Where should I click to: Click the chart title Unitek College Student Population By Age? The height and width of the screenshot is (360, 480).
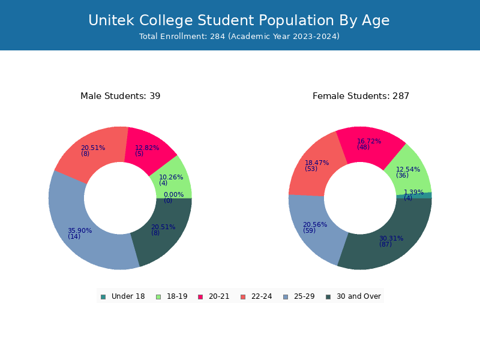coord(239,20)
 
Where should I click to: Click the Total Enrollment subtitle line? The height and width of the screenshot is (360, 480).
coord(239,36)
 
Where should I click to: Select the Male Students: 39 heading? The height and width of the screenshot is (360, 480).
coord(121,96)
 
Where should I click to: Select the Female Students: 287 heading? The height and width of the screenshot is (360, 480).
coord(361,96)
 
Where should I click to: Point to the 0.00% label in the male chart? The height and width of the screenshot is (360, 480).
coord(173,194)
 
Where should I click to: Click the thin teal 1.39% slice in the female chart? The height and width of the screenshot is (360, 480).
coord(428,196)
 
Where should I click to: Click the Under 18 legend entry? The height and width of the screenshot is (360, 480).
coord(123,296)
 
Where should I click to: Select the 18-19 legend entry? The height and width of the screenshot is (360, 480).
coord(172,296)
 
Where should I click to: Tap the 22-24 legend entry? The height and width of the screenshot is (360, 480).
coord(257,296)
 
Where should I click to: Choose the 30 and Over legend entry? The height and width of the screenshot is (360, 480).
coord(353,296)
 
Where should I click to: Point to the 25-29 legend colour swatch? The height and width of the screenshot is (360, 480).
coord(286,297)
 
